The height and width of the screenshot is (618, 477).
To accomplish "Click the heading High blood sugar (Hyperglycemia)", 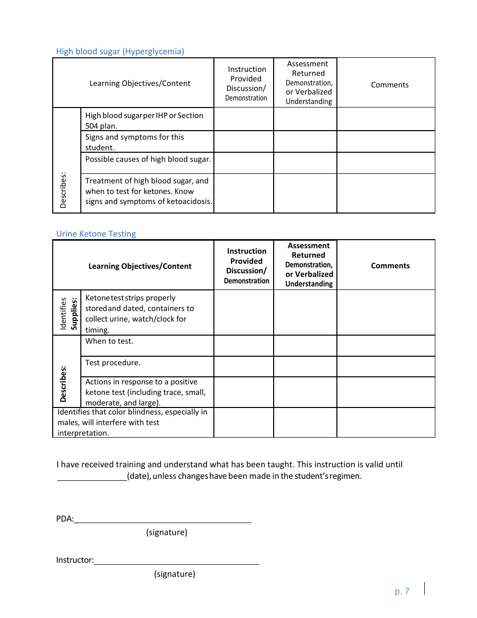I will (x=120, y=51).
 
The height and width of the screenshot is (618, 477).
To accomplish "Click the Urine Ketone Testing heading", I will (x=96, y=234).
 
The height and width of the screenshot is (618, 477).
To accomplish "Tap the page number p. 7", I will (x=402, y=591).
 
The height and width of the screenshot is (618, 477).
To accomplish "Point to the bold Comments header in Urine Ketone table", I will (x=390, y=266).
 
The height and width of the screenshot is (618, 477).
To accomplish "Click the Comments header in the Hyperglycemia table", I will (x=390, y=85).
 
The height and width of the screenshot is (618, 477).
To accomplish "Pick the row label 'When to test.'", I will (x=109, y=341).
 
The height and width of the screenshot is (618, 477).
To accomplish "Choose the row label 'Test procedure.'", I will (x=112, y=363).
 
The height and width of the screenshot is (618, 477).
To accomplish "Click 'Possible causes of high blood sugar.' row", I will (x=148, y=159).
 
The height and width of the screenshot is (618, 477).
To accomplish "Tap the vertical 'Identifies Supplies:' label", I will (x=68, y=313).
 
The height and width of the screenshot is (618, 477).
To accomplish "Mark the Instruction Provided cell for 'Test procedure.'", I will (x=244, y=367).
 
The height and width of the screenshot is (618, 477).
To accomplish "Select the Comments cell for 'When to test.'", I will (x=386, y=346).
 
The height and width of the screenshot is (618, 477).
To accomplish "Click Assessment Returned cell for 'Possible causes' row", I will (x=305, y=163).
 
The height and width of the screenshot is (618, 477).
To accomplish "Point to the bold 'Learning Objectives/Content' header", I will (x=140, y=266).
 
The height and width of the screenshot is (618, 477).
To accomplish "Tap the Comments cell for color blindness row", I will (x=386, y=423).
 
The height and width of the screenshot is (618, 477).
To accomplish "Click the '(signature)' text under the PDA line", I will (x=167, y=532).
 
